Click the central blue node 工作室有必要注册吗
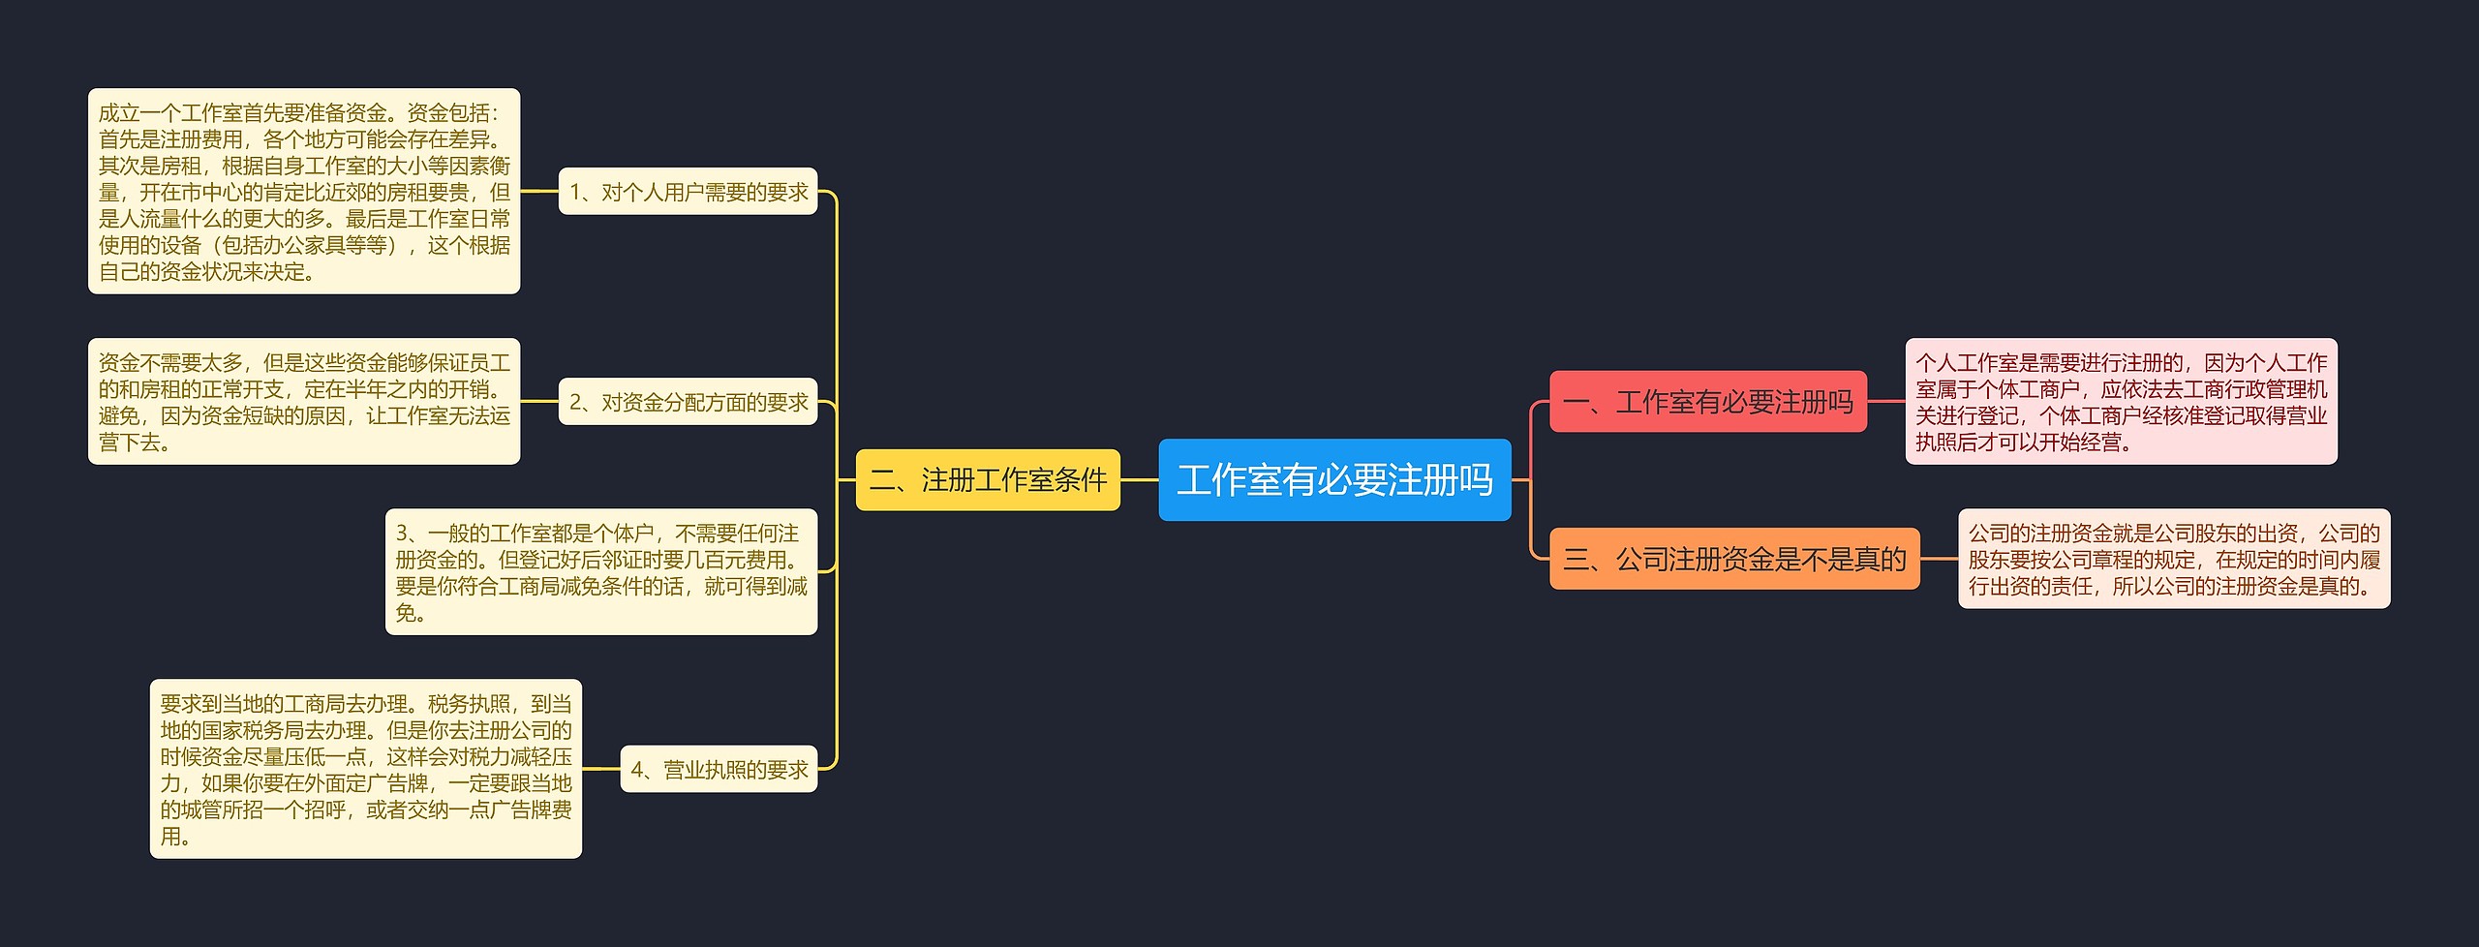coord(1334,480)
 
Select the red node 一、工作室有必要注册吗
coord(1707,402)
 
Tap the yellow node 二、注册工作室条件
coord(988,480)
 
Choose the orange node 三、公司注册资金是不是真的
coord(1733,559)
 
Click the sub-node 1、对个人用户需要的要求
coord(688,192)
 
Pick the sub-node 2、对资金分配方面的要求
coord(688,402)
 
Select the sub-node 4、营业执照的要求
coord(719,770)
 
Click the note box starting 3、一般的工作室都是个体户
coord(600,572)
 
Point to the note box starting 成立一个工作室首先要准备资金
coord(304,192)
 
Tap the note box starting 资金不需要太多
coord(304,402)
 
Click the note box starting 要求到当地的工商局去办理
coord(366,769)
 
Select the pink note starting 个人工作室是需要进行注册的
coord(2121,402)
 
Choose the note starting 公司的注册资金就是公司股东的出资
coord(2174,559)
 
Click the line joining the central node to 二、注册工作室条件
coord(1140,480)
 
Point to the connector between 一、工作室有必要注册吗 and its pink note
coord(1886,402)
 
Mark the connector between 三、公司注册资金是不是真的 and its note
coord(1939,559)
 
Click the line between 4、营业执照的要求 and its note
coord(600,770)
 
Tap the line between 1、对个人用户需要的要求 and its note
coord(539,192)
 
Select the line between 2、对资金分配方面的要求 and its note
coord(539,402)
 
